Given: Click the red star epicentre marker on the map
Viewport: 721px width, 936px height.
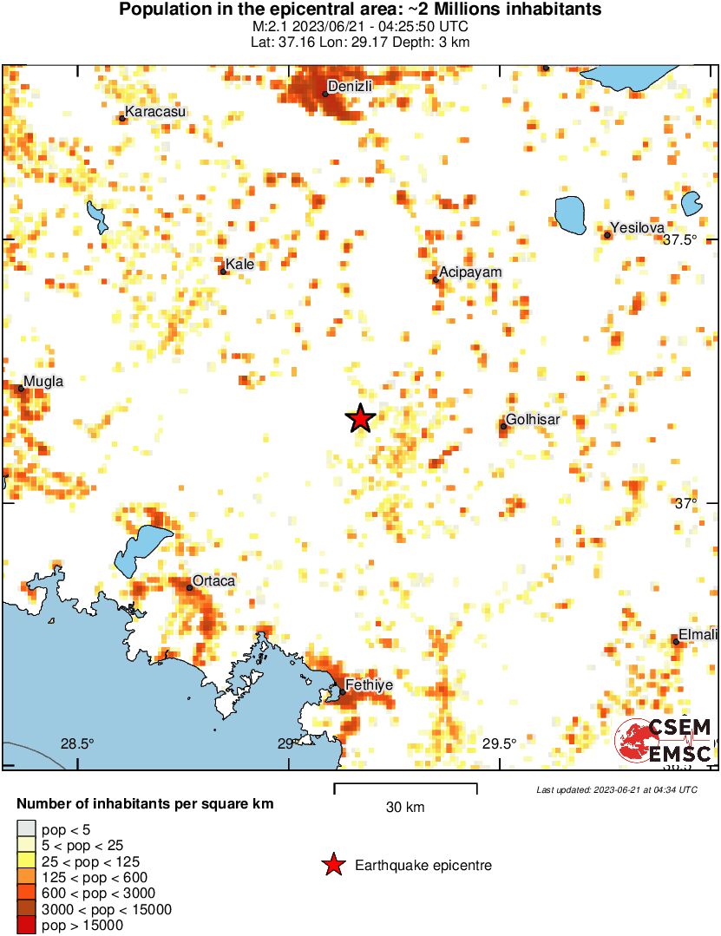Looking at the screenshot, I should pyautogui.click(x=360, y=418).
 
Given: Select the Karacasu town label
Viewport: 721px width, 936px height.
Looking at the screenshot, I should pyautogui.click(x=155, y=111).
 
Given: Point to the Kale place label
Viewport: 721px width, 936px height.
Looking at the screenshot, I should pyautogui.click(x=239, y=264).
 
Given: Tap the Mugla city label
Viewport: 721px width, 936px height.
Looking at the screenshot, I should pyautogui.click(x=43, y=381).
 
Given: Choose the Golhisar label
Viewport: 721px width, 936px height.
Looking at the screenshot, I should pyautogui.click(x=533, y=419).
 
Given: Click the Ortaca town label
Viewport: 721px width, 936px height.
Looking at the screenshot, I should pyautogui.click(x=213, y=580).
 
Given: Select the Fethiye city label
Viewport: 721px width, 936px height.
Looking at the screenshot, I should pyautogui.click(x=370, y=685).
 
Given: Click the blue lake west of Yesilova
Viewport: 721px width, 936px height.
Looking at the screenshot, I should pyautogui.click(x=569, y=214).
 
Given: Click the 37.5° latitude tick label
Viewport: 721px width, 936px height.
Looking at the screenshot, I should pyautogui.click(x=680, y=240).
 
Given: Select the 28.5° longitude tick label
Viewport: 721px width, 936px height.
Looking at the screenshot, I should pyautogui.click(x=76, y=743).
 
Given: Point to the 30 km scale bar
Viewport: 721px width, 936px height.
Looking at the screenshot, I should pyautogui.click(x=405, y=789).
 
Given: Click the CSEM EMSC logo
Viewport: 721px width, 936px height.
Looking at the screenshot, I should pyautogui.click(x=664, y=741).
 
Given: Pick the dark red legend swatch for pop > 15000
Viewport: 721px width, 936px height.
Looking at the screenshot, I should pyautogui.click(x=27, y=926).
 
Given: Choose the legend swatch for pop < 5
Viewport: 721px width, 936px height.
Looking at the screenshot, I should pyautogui.click(x=27, y=830).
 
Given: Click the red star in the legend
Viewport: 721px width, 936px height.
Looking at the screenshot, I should pyautogui.click(x=332, y=865).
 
